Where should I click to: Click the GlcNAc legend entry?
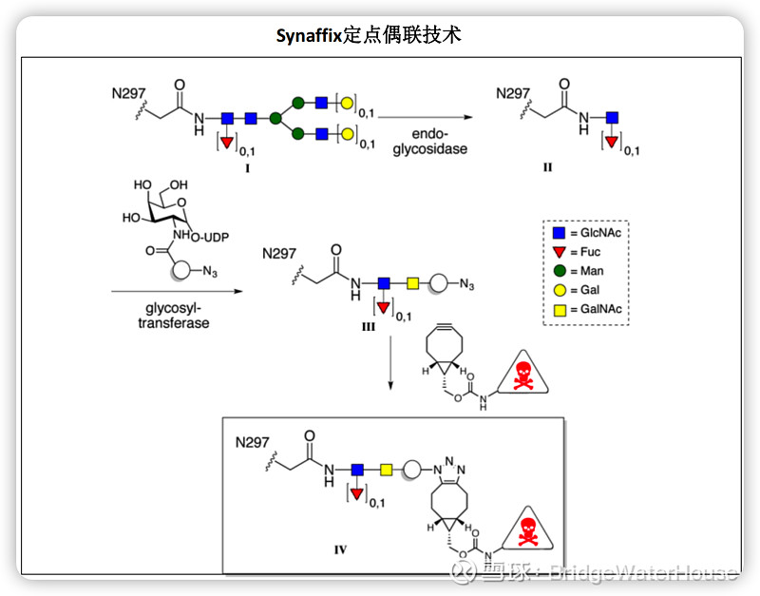click(588, 233)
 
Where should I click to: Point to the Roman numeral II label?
click(548, 166)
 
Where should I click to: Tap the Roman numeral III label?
click(368, 326)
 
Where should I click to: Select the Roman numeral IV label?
click(340, 548)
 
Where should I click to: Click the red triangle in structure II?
click(611, 142)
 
